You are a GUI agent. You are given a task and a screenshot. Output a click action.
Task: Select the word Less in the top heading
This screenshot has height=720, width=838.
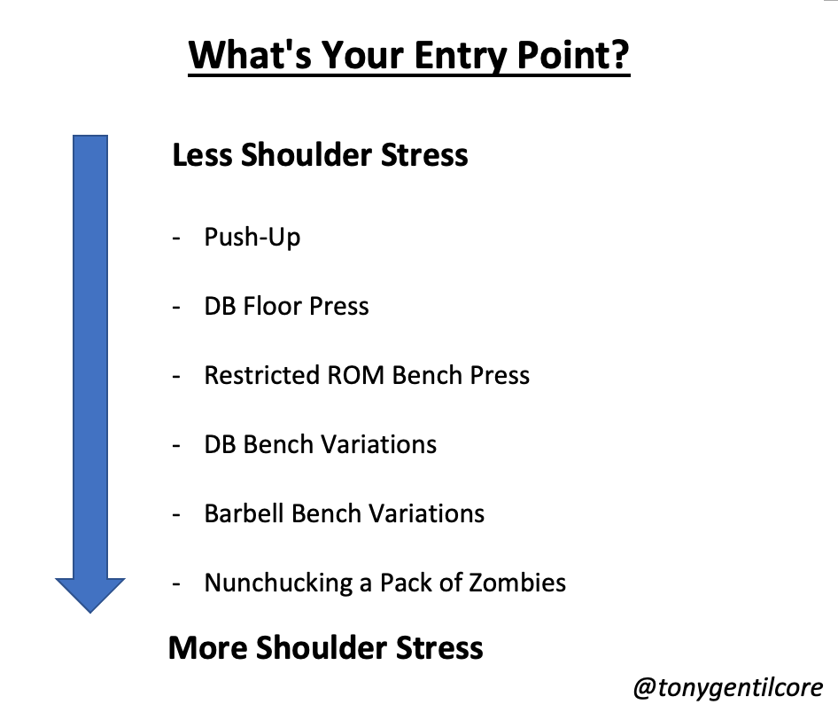coord(203,154)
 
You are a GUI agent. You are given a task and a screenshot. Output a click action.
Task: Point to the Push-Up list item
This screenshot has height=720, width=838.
coord(252,237)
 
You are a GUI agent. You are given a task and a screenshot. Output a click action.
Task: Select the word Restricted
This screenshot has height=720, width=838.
coord(262,375)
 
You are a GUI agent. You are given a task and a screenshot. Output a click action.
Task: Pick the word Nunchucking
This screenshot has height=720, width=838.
coord(278,583)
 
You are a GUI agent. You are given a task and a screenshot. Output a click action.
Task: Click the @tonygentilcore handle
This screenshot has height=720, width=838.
coord(728,688)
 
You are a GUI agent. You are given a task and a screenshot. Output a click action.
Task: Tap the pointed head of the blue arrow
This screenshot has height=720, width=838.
coord(90,613)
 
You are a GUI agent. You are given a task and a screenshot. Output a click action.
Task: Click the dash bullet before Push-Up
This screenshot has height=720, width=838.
coord(176,239)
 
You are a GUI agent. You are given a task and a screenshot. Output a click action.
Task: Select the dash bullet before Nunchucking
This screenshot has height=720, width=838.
coord(176,584)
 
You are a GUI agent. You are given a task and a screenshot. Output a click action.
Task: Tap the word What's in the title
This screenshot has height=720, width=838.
coord(250,55)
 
